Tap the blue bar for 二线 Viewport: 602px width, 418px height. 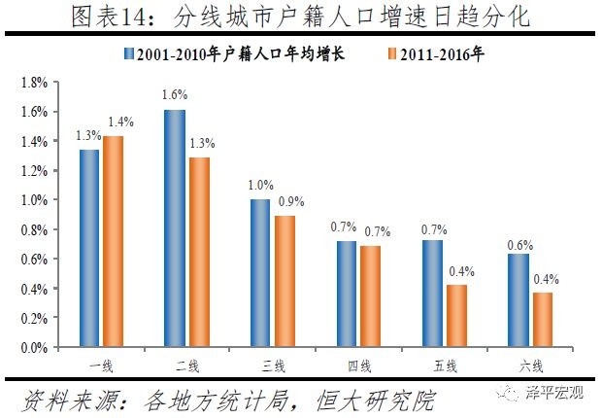point(175,228)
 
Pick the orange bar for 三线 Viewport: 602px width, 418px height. point(284,281)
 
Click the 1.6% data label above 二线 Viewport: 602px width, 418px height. point(175,95)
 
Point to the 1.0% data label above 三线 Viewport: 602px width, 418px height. point(260,185)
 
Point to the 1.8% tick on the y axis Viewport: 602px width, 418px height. point(34,83)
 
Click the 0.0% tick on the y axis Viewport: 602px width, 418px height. point(34,347)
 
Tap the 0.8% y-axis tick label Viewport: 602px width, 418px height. point(34,229)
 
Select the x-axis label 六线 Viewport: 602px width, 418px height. point(529,366)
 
